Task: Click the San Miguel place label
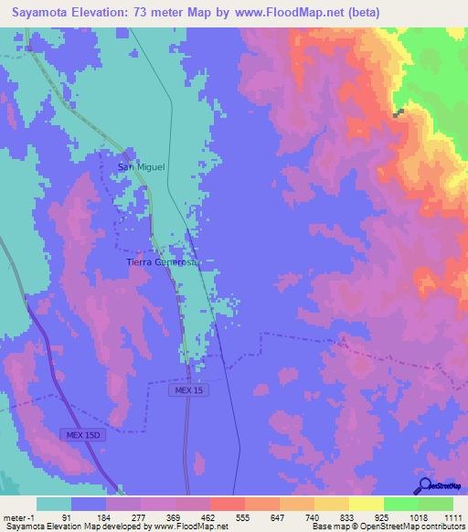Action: pos(141,166)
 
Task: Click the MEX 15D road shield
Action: pos(84,433)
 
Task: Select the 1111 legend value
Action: pos(452,516)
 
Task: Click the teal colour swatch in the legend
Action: pos(54,504)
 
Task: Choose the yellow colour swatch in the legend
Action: pos(366,504)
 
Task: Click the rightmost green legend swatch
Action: pos(435,504)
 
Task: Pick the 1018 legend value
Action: pos(418,516)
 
